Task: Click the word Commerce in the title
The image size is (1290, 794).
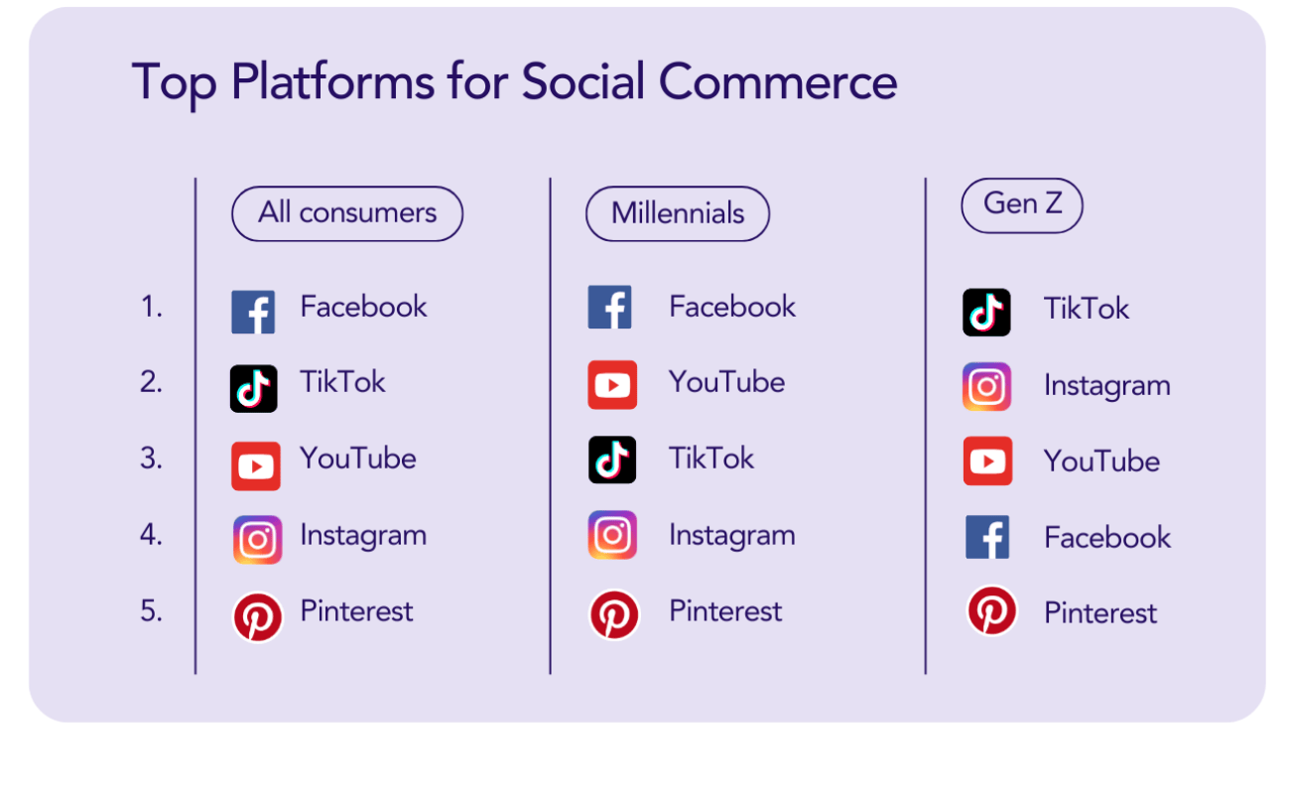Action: (x=777, y=81)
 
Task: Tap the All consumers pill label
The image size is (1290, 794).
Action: (x=347, y=213)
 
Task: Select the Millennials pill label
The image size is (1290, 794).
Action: (x=678, y=213)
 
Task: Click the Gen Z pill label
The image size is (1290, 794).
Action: (x=1022, y=204)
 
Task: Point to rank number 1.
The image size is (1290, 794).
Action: (x=152, y=308)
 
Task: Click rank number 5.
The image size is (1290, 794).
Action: (x=152, y=611)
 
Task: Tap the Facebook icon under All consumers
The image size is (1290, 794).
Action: (x=254, y=312)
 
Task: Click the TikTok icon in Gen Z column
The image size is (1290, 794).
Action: (x=986, y=312)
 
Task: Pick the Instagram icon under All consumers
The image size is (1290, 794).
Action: (x=257, y=540)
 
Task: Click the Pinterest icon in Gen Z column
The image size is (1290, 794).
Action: (x=991, y=610)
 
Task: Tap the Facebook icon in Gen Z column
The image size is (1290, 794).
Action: (x=987, y=538)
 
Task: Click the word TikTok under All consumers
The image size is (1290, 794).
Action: (x=342, y=382)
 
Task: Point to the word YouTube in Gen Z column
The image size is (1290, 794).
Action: (x=1101, y=462)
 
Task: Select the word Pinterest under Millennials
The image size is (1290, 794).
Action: (x=725, y=611)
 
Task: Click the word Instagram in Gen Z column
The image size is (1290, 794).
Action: (x=1106, y=386)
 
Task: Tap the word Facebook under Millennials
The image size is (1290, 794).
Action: (x=732, y=307)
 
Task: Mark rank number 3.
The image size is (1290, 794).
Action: (x=152, y=460)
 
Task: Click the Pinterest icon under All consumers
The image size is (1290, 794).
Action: (x=257, y=616)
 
